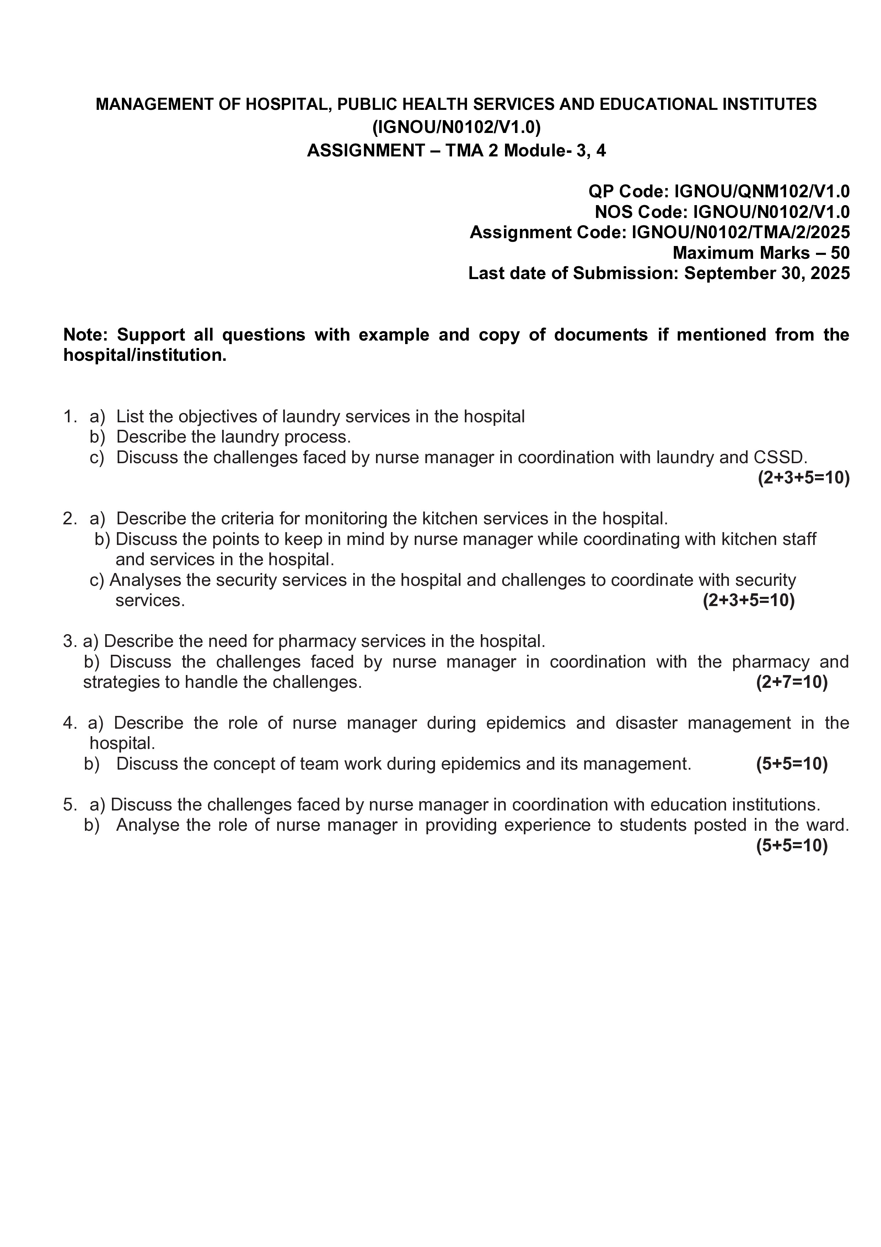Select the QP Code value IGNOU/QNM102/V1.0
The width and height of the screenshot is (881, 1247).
click(x=762, y=191)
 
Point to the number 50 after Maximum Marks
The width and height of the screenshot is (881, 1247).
click(x=839, y=253)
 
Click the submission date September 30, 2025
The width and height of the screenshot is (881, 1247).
click(x=767, y=273)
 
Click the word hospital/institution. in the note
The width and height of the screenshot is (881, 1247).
click(x=144, y=355)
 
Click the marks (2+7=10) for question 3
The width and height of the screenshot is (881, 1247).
click(x=791, y=682)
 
